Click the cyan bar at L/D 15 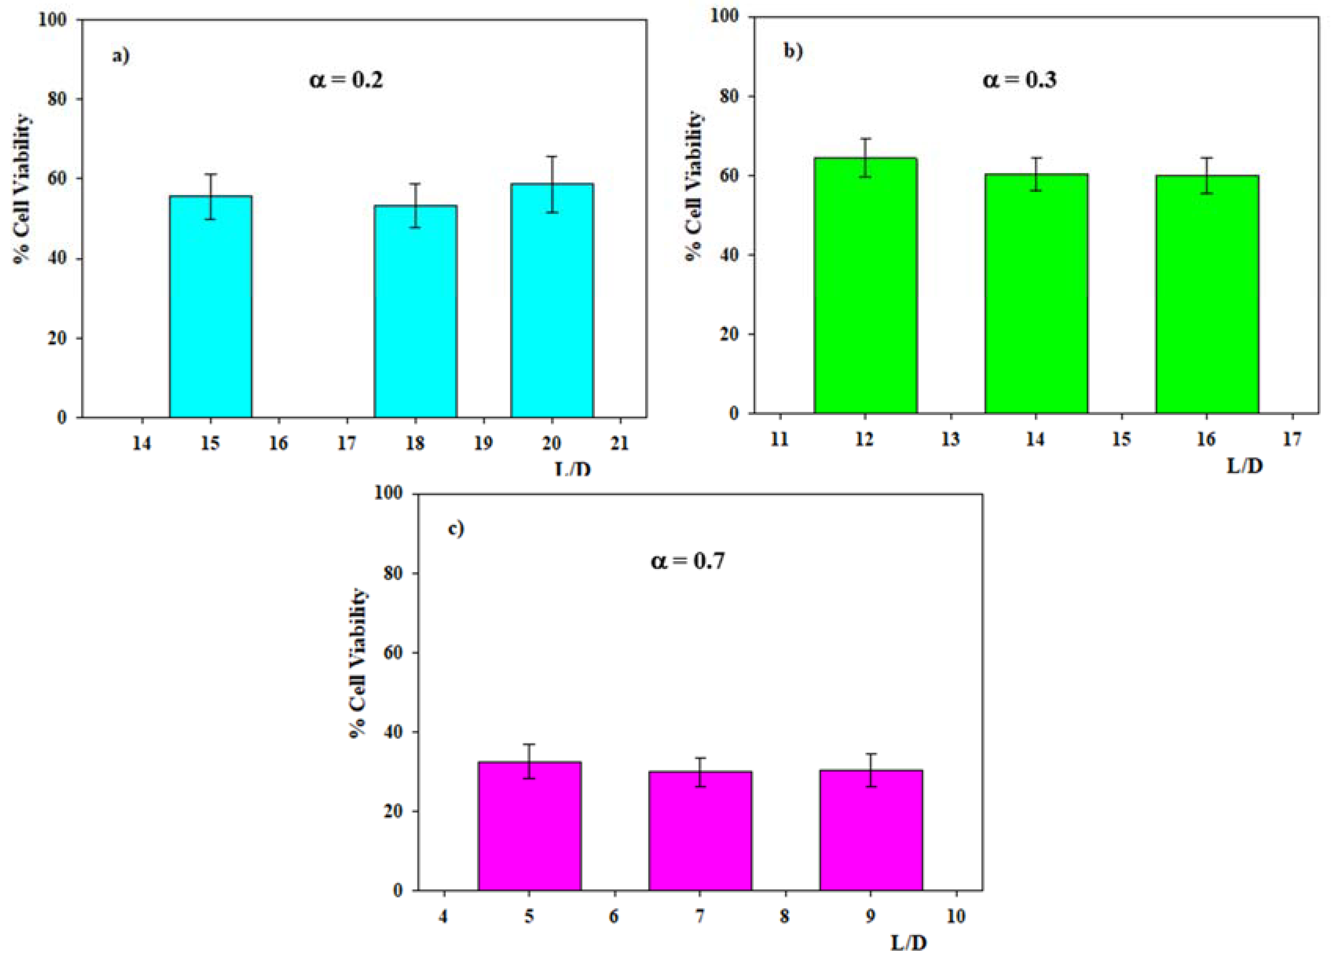pyautogui.click(x=210, y=306)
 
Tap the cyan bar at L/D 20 pyautogui.click(x=552, y=300)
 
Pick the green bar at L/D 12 pyautogui.click(x=865, y=285)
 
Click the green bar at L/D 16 pyautogui.click(x=1207, y=294)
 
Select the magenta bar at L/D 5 pyautogui.click(x=529, y=826)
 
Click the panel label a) pyautogui.click(x=121, y=56)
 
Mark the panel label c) pyautogui.click(x=456, y=528)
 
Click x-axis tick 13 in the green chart pyautogui.click(x=950, y=439)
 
